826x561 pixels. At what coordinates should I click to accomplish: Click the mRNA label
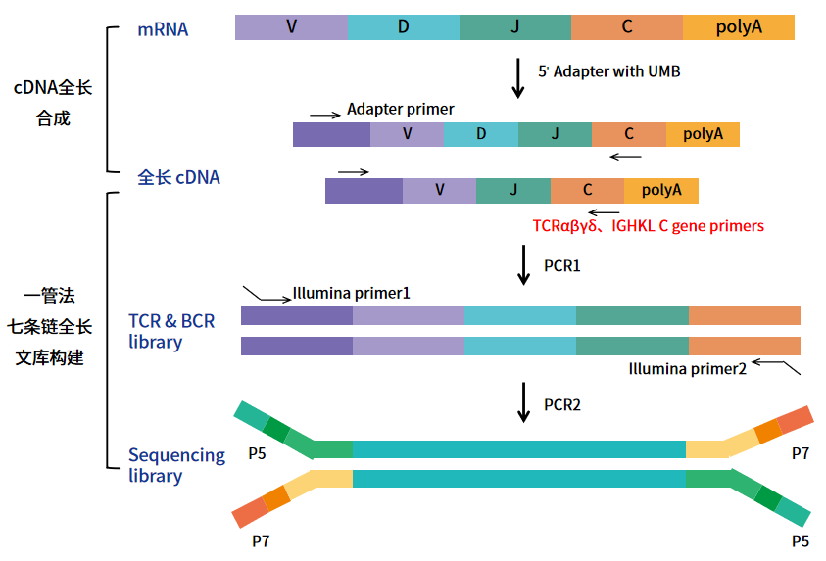[x=163, y=29]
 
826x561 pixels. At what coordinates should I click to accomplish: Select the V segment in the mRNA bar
[x=291, y=27]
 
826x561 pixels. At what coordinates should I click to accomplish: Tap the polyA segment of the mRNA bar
[x=738, y=27]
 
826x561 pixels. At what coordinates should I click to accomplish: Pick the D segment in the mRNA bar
[x=403, y=27]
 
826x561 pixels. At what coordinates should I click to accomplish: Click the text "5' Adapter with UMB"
[x=608, y=71]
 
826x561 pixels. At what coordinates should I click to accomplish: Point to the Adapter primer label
[x=400, y=109]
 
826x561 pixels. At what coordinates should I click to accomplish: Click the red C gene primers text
[x=648, y=226]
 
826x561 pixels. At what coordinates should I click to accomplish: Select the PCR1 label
[x=562, y=265]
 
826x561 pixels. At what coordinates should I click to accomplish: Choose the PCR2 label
[x=562, y=404]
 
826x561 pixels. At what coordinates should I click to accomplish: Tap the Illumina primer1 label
[x=351, y=293]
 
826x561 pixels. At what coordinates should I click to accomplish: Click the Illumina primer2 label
[x=688, y=368]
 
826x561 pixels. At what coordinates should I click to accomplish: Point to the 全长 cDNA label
[x=178, y=177]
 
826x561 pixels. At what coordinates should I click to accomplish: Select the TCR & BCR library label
[x=170, y=331]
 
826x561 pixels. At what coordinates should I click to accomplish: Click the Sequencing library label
[x=176, y=465]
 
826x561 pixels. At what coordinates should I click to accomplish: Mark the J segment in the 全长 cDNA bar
[x=512, y=190]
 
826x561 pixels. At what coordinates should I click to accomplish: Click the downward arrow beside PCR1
[x=524, y=265]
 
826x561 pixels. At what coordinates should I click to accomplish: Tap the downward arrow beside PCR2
[x=524, y=403]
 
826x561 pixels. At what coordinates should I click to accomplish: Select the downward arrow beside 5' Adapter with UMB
[x=518, y=78]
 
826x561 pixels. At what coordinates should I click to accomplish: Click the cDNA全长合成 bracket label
[x=53, y=103]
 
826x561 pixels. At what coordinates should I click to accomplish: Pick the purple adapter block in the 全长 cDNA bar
[x=364, y=190]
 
